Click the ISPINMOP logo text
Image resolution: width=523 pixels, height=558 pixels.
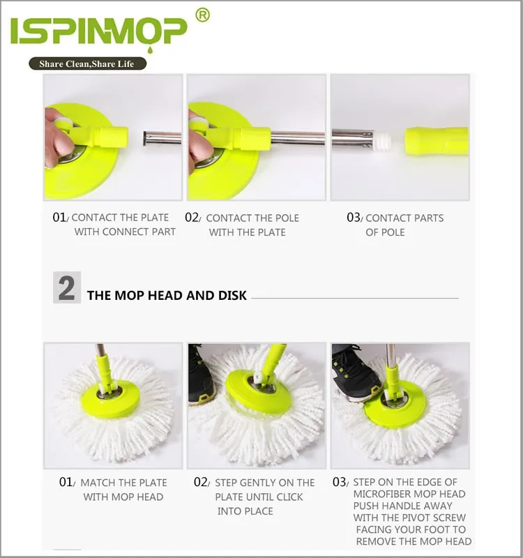98,31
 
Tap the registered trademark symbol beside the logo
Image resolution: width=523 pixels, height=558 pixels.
202,15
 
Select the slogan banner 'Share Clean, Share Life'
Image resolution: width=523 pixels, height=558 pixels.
87,63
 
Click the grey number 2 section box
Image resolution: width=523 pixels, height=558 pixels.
67,287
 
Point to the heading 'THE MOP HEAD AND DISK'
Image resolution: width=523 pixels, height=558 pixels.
167,296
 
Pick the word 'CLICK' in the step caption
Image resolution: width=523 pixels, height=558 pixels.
287,497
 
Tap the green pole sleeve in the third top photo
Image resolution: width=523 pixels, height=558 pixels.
437,141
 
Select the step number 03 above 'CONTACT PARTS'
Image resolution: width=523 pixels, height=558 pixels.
354,218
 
